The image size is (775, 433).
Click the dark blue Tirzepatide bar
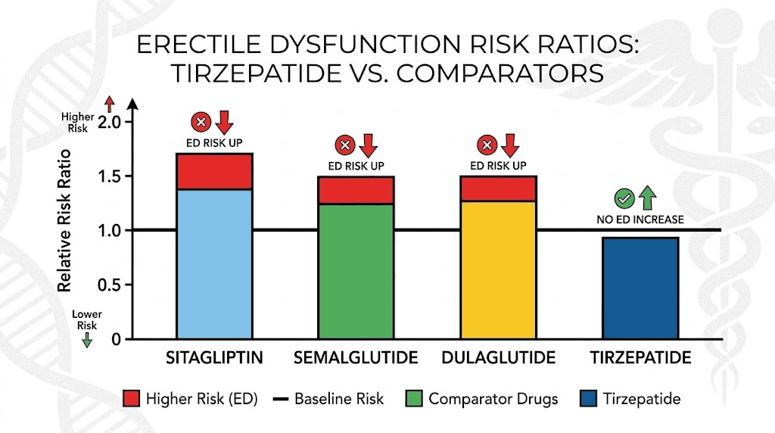coord(640,288)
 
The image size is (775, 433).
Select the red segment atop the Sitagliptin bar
coord(214,171)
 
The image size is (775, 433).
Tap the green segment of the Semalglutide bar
coord(356,271)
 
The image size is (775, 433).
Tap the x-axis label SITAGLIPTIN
coord(214,357)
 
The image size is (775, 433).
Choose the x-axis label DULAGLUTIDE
coord(497,357)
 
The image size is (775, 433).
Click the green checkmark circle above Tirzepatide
coord(624,199)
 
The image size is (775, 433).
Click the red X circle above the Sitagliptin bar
coord(201,121)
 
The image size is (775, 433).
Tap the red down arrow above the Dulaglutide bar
coord(509,145)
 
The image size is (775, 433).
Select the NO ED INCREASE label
coord(640,220)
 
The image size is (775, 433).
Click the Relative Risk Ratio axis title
coord(67,232)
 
